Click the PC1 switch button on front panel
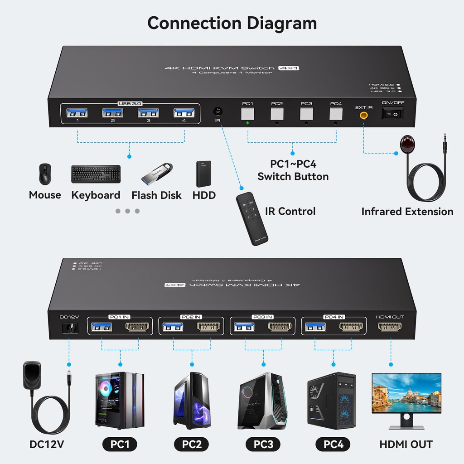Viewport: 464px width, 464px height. click(x=247, y=114)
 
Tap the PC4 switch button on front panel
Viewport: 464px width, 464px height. click(x=336, y=114)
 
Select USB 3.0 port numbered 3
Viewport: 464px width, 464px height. click(x=149, y=114)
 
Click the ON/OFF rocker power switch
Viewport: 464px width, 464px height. click(x=393, y=114)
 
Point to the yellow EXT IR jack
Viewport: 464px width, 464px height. click(x=363, y=115)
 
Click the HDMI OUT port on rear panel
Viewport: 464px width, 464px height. click(x=390, y=327)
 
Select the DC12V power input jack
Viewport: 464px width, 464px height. click(x=69, y=328)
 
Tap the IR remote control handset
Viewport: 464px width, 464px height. click(x=251, y=218)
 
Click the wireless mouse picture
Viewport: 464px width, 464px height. click(x=45, y=174)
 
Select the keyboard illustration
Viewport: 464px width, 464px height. click(x=96, y=174)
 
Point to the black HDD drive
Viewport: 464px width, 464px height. click(x=204, y=174)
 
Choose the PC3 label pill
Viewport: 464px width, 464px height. click(x=263, y=445)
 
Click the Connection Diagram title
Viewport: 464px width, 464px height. click(x=232, y=23)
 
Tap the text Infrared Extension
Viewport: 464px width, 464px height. click(x=407, y=212)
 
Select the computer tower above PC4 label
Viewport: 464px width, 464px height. click(x=332, y=401)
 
